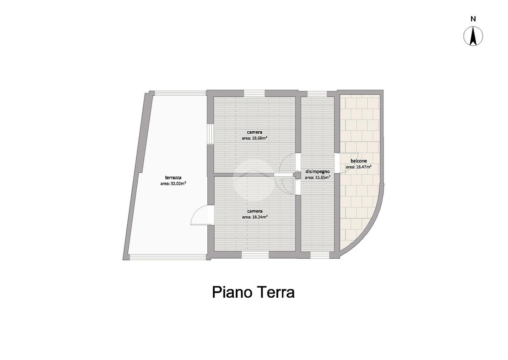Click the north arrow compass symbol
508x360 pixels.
tap(473, 36)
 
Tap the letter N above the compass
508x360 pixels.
tap(473, 19)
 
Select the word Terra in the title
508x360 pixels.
tap(274, 293)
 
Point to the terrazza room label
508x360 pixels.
tap(173, 178)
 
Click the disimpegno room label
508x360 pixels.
tap(317, 172)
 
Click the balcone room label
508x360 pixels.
tap(359, 161)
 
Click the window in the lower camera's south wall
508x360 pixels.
tap(255, 255)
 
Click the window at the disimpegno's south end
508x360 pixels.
tap(320, 255)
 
